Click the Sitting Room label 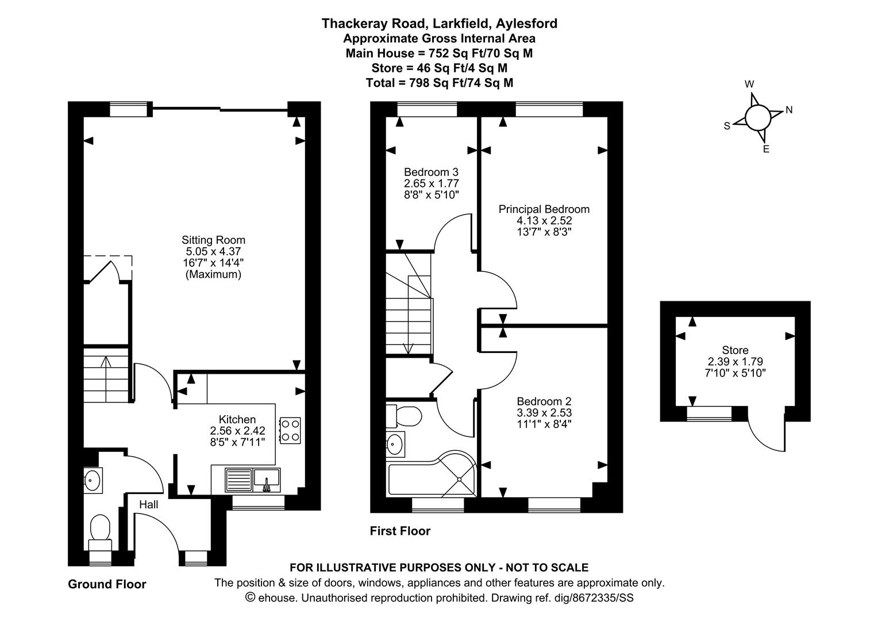click(x=213, y=240)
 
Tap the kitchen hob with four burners click(x=290, y=431)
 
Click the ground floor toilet click(x=100, y=530)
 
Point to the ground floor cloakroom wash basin click(x=92, y=480)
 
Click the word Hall click(x=148, y=504)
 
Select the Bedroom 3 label click(x=431, y=172)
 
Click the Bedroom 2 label click(x=544, y=401)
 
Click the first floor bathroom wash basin click(x=395, y=443)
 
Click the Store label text click(x=735, y=350)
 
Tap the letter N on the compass click(x=789, y=110)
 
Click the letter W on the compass click(x=749, y=84)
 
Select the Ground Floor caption click(x=107, y=584)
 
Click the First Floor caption click(x=399, y=531)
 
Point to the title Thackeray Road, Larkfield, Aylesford click(x=439, y=24)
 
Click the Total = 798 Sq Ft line click(x=439, y=83)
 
